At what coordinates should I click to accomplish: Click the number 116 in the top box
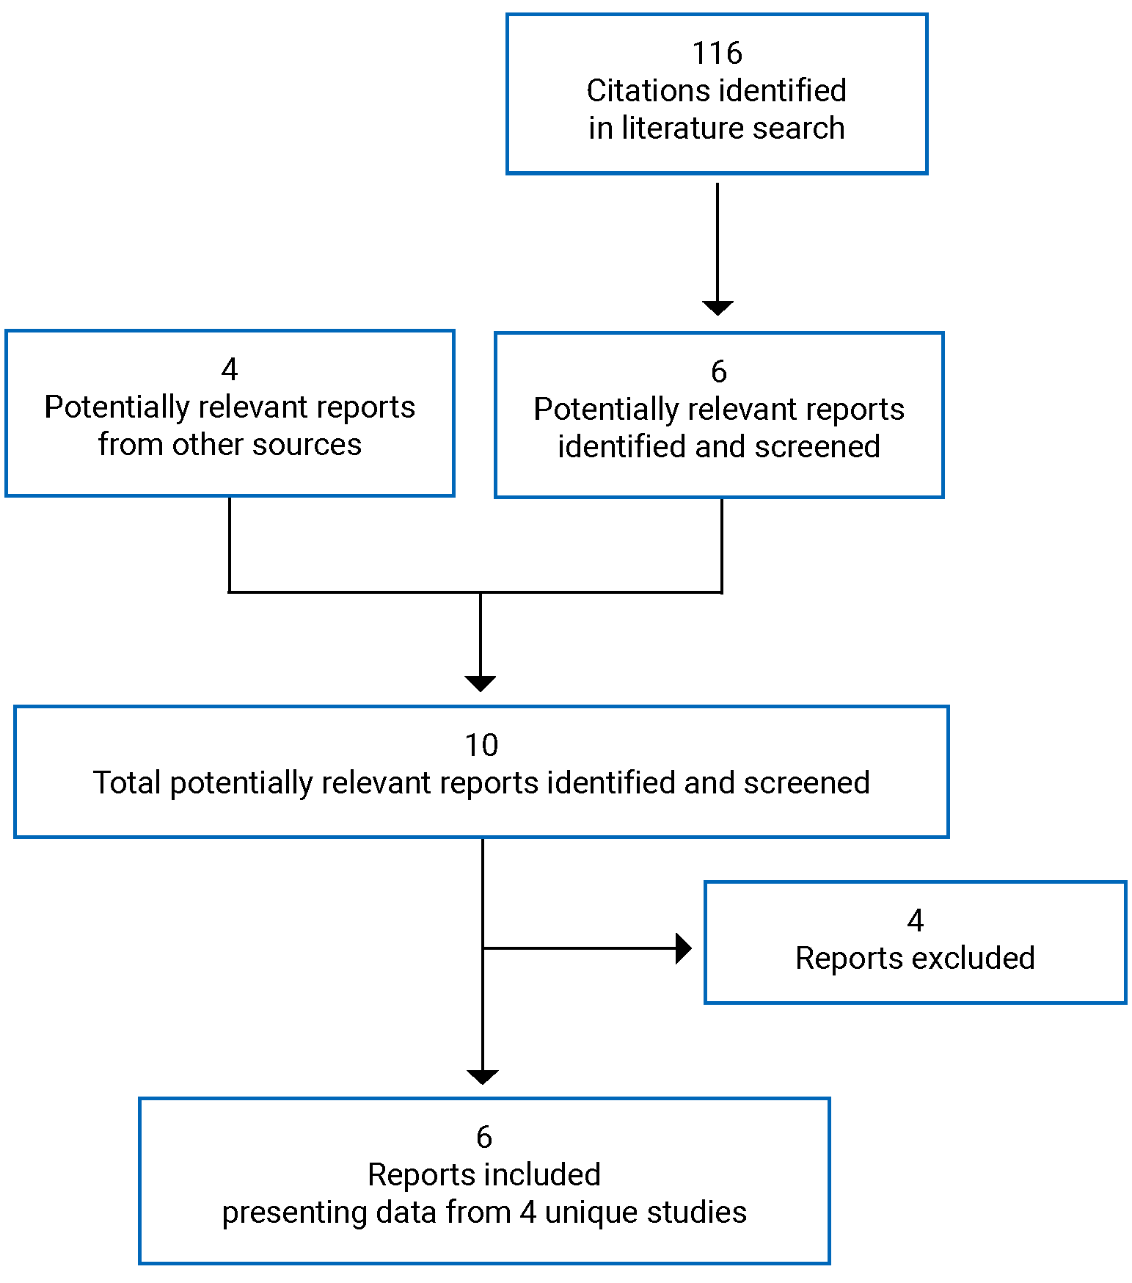(x=717, y=54)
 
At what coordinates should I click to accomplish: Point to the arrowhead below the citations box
(x=717, y=308)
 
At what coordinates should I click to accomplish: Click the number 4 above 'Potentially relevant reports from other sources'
(x=230, y=370)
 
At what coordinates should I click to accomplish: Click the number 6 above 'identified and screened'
(x=719, y=372)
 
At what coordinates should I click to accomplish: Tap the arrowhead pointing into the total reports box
(x=481, y=683)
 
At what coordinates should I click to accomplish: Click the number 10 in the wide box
(x=481, y=746)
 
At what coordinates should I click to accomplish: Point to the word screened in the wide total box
(x=806, y=783)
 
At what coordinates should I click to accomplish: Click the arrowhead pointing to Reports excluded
(x=683, y=948)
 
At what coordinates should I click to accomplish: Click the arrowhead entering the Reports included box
(x=483, y=1077)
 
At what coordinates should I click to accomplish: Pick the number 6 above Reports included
(x=483, y=1138)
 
